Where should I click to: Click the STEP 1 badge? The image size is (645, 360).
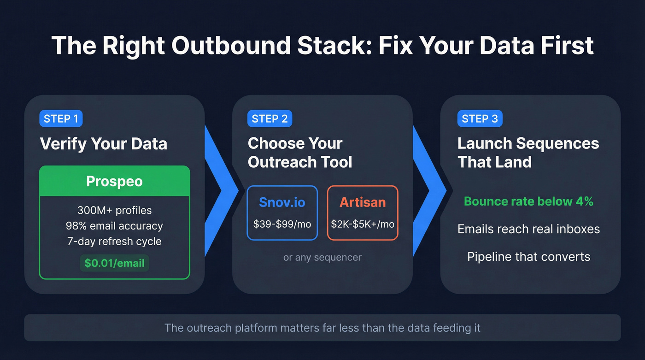61,118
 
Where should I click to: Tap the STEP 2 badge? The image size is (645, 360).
270,118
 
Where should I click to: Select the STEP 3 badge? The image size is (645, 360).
480,118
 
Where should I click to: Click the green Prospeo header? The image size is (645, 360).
114,181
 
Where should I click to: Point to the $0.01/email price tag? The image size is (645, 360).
114,263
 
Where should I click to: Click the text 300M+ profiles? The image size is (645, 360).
114,211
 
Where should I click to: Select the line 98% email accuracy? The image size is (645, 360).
114,226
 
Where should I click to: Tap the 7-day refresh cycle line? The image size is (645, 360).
114,241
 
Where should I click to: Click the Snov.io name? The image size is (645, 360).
282,202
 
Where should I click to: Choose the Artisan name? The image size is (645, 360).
363,202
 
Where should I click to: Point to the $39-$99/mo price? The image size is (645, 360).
282,224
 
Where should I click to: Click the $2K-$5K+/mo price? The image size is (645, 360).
363,224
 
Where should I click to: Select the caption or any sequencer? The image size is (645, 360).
322,257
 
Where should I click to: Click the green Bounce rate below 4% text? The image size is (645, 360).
528,201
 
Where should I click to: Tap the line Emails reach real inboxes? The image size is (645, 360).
528,229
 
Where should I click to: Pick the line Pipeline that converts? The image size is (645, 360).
528,256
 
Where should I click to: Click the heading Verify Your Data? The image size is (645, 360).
103,144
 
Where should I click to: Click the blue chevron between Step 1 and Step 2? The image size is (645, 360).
220,189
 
